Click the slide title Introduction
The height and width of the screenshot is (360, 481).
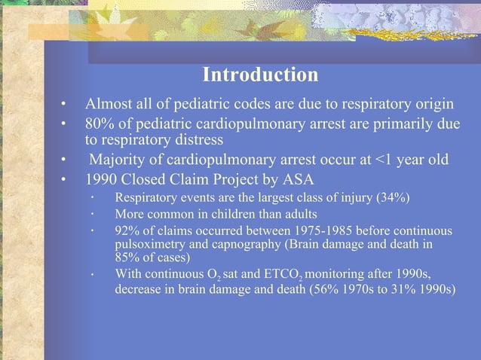pos(260,76)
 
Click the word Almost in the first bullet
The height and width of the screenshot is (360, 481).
pos(109,103)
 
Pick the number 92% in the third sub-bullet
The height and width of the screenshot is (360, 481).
pos(126,230)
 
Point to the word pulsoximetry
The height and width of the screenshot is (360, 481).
pos(146,244)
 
